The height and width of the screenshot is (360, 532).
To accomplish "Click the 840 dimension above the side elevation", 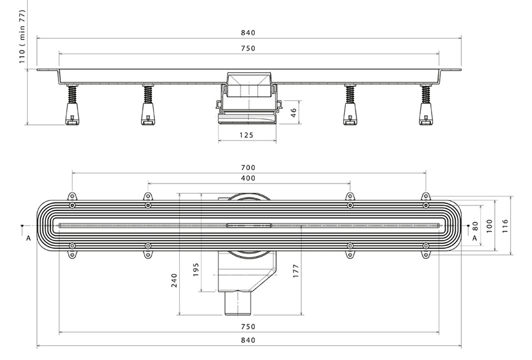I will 248,33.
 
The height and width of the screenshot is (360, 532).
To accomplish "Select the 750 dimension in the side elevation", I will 248,49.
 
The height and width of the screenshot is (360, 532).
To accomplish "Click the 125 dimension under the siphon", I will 246,135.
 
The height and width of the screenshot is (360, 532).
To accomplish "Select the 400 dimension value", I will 248,179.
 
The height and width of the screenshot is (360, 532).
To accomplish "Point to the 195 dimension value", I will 196,269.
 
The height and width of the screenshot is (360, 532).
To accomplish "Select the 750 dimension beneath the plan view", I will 248,327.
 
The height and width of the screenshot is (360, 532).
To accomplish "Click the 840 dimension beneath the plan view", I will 248,340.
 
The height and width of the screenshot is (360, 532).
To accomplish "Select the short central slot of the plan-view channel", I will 249,225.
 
